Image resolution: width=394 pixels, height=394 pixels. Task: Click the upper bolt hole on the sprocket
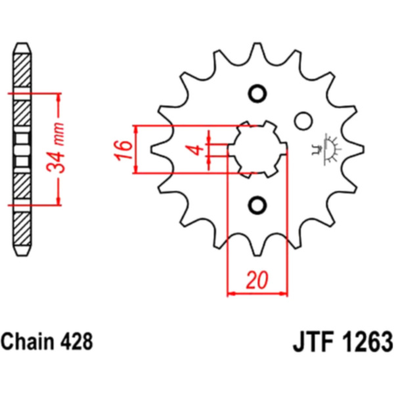pos(257,93)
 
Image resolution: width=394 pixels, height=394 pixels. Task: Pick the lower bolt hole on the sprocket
pos(257,205)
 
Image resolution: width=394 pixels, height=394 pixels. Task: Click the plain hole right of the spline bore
pos(302,121)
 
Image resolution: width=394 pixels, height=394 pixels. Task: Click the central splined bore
pos(257,149)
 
